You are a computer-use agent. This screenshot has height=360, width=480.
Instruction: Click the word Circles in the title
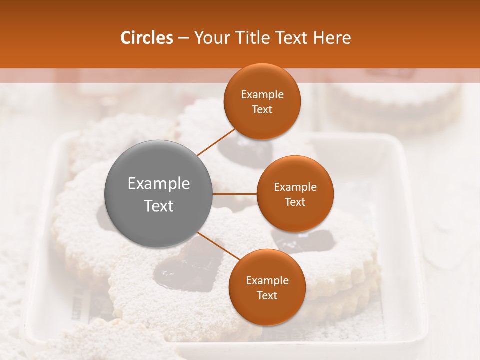click(x=146, y=38)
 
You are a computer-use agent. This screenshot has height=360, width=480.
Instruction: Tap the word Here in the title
click(x=332, y=38)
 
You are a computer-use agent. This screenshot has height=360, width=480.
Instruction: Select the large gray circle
click(x=159, y=194)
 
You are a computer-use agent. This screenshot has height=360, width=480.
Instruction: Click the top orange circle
click(x=262, y=102)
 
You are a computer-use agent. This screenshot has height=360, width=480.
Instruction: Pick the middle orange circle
click(x=295, y=194)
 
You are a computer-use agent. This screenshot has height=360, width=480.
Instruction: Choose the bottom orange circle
click(x=267, y=287)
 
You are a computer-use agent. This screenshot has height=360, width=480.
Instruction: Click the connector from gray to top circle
click(x=216, y=142)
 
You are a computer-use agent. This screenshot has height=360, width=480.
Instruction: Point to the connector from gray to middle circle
click(x=235, y=194)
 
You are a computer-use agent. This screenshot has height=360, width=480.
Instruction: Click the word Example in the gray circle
click(x=159, y=183)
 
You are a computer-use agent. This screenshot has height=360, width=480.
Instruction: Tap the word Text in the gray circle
click(x=159, y=205)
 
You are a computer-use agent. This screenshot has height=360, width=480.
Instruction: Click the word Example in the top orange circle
click(x=262, y=94)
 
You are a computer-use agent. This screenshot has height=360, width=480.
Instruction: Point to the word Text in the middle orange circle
click(x=295, y=202)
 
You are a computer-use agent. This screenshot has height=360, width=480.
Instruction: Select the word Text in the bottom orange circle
click(x=267, y=295)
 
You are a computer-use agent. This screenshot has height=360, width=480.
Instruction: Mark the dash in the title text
click(x=183, y=38)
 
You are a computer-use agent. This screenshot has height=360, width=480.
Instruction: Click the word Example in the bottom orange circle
click(x=267, y=280)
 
